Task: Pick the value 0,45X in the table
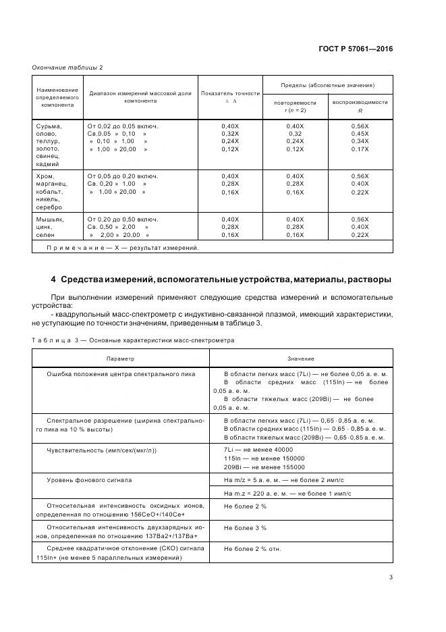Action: click(360, 134)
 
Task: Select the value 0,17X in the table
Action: click(360, 149)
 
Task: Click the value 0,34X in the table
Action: click(360, 141)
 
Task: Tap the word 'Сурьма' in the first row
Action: click(48, 126)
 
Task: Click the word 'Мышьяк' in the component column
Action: click(49, 219)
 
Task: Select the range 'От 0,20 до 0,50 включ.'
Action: click(122, 219)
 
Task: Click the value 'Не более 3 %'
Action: click(245, 527)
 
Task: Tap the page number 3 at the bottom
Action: click(391, 577)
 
